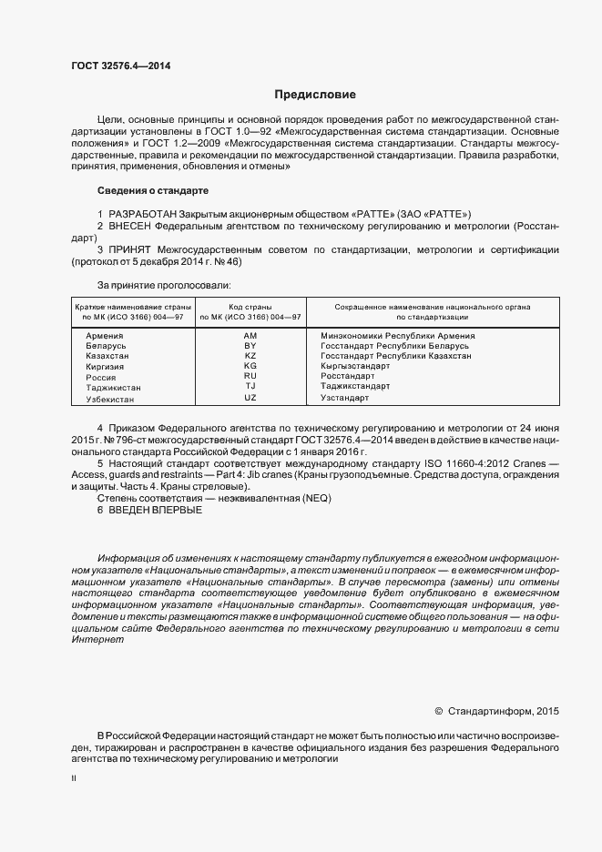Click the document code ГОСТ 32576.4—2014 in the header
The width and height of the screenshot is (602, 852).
tap(120, 66)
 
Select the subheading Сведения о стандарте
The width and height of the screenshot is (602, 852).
tap(153, 191)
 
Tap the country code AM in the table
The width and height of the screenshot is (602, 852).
tap(250, 336)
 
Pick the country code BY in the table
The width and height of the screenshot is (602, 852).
tap(250, 346)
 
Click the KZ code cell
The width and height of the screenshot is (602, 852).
tap(250, 356)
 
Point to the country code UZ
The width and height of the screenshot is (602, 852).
tap(250, 398)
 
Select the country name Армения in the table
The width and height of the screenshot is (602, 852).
tap(104, 336)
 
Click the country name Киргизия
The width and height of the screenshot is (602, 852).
tap(106, 366)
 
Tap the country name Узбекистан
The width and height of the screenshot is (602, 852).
tap(110, 399)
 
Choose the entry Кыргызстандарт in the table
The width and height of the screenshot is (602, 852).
tap(355, 366)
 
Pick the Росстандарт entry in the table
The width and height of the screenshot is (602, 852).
tap(348, 376)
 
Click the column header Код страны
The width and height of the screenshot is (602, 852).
tap(250, 308)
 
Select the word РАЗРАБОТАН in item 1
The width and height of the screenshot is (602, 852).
tap(144, 211)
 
